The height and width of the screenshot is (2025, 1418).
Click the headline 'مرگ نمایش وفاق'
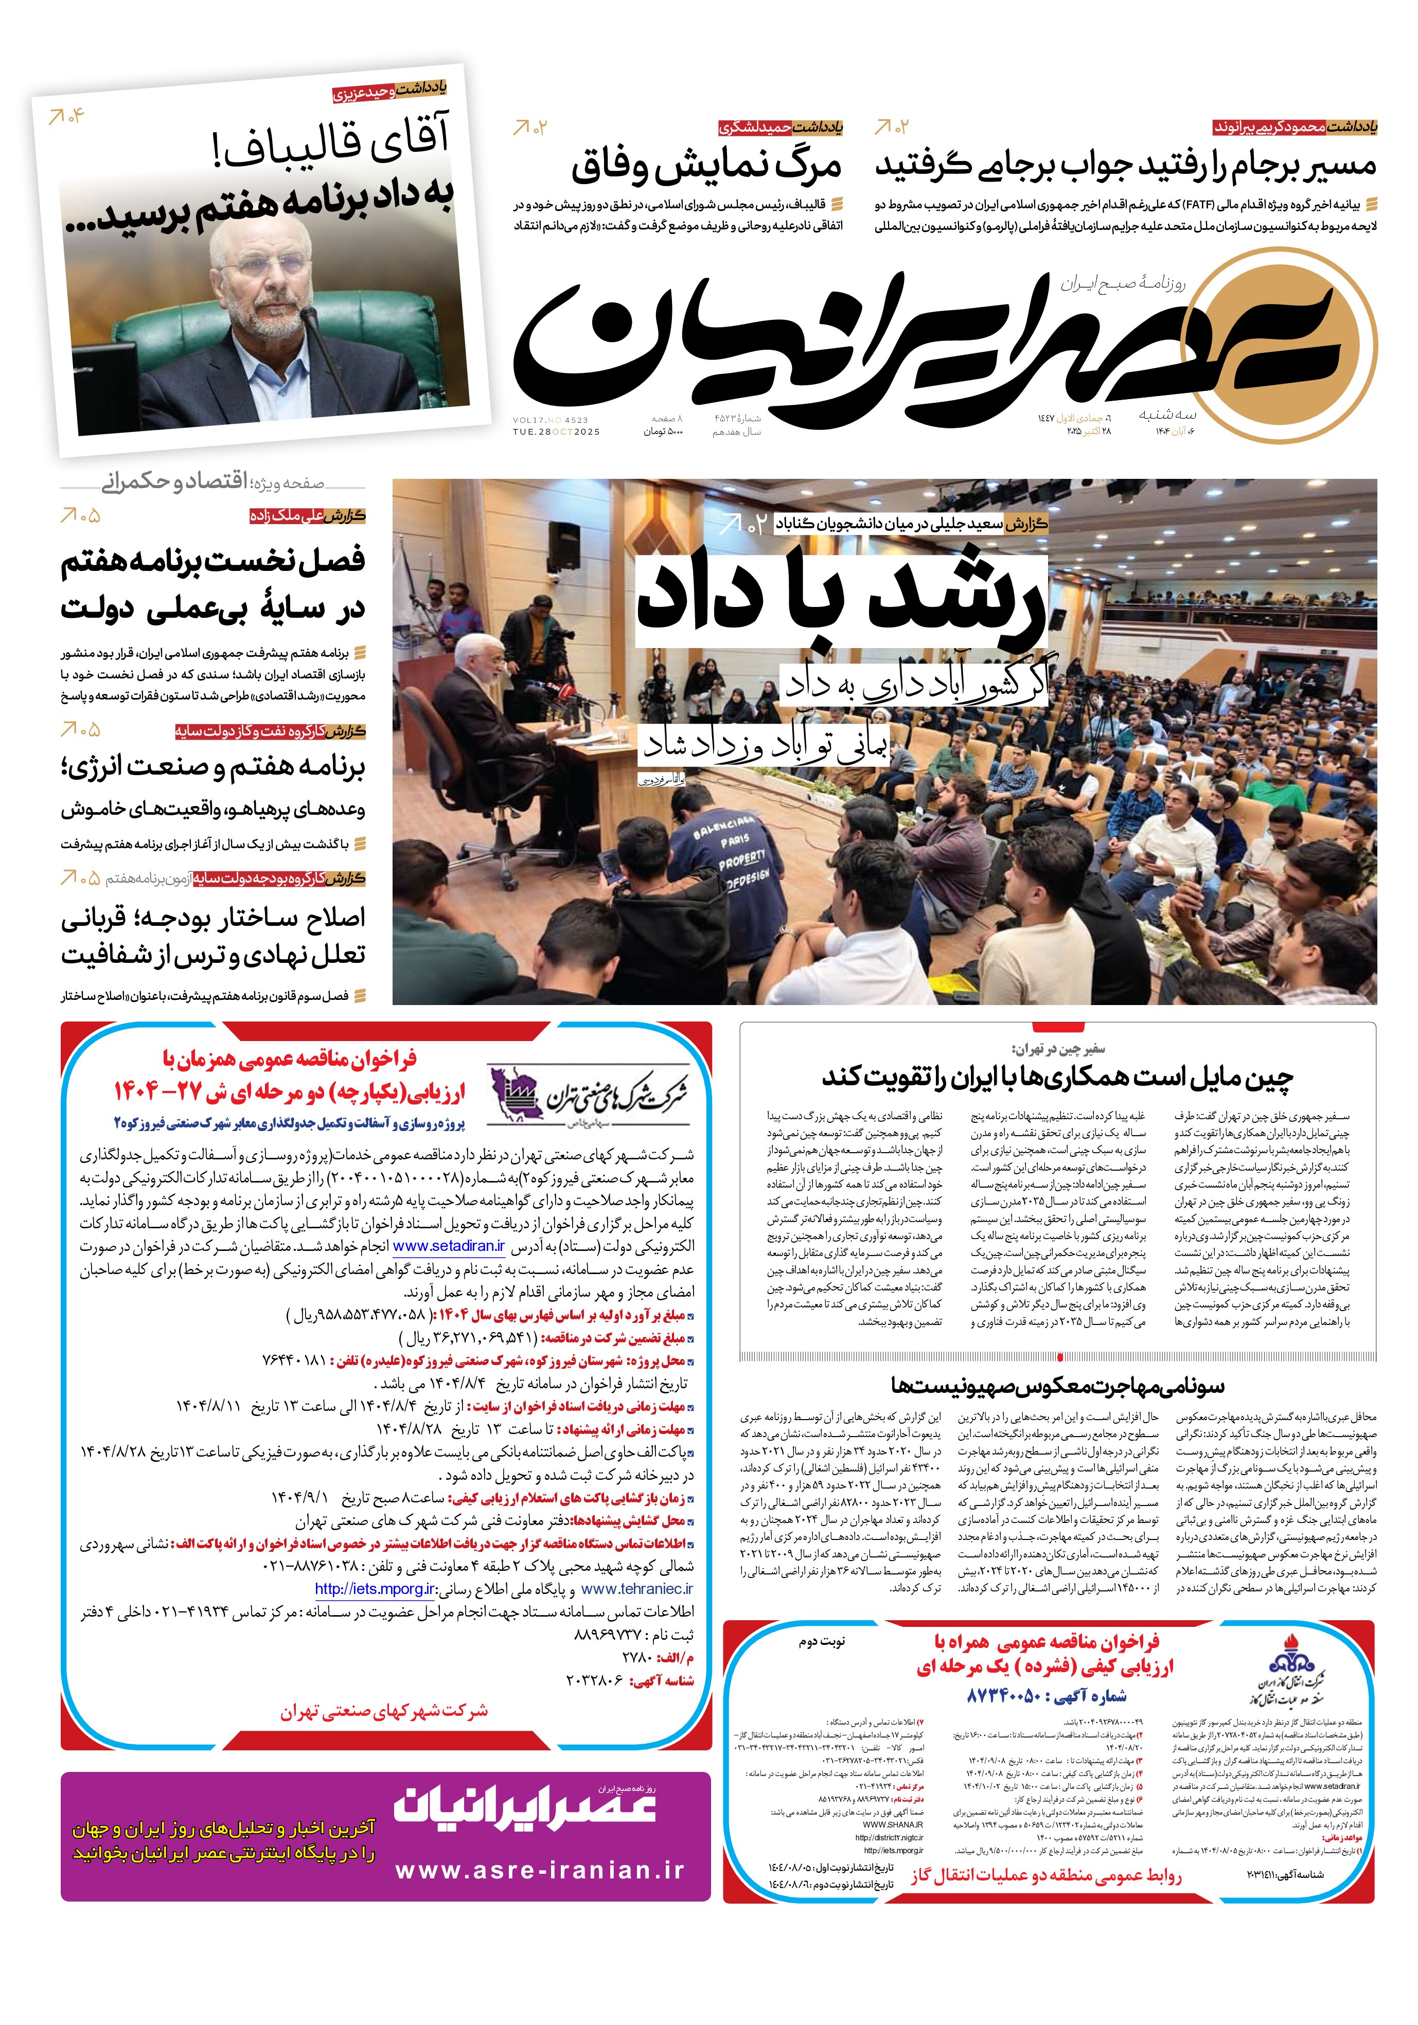(706, 167)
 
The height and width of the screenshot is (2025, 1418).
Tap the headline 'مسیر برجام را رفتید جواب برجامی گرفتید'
(1125, 166)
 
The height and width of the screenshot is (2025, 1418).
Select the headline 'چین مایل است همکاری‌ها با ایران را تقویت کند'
(1057, 1077)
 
